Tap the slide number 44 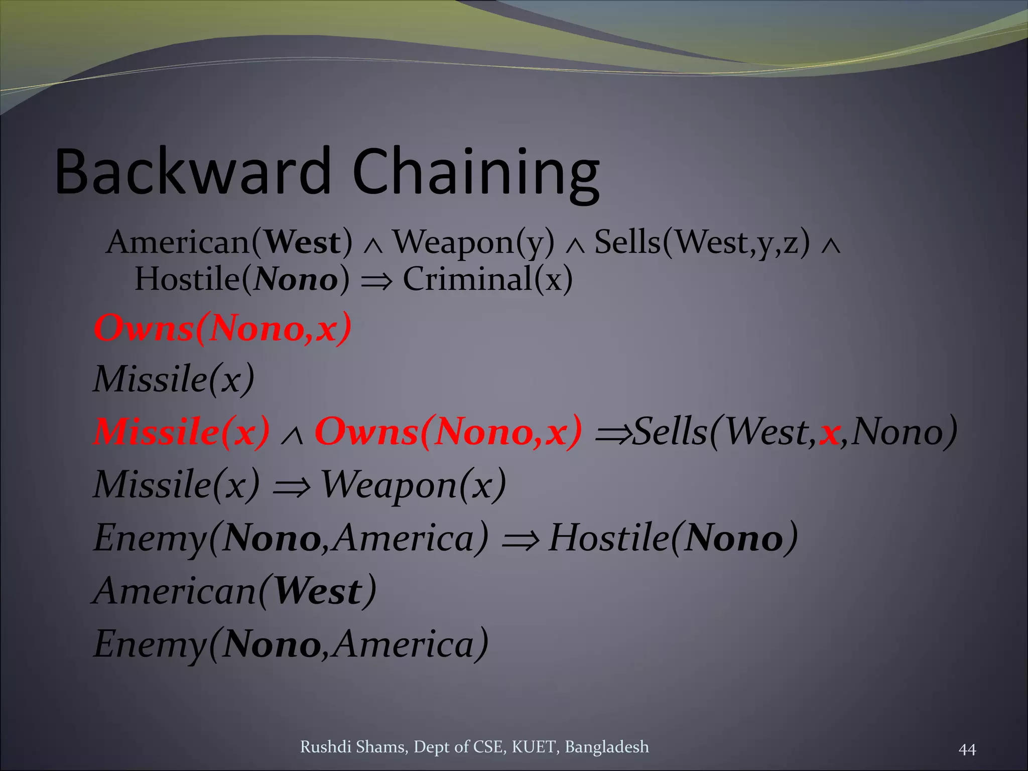pos(967,749)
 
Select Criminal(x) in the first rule pos(487,279)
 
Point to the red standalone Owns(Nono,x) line pos(222,329)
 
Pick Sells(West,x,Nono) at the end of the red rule pos(795,432)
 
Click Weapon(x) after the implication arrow pos(413,485)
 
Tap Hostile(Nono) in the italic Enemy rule pos(673,538)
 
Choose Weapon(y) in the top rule pos(473,243)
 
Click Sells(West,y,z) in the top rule pos(702,243)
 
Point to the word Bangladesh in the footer pos(606,747)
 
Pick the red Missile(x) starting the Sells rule pos(181,432)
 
